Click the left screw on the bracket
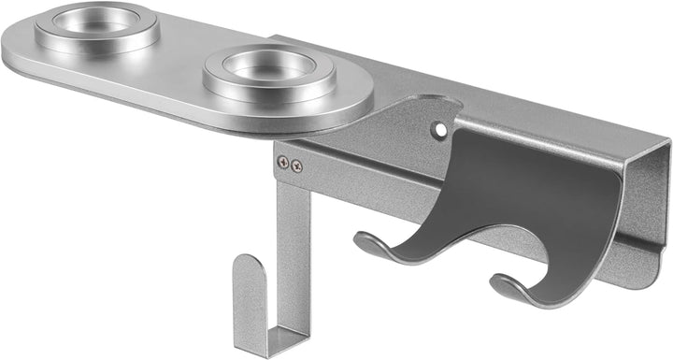pos(283,163)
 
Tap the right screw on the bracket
pos(296,166)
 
